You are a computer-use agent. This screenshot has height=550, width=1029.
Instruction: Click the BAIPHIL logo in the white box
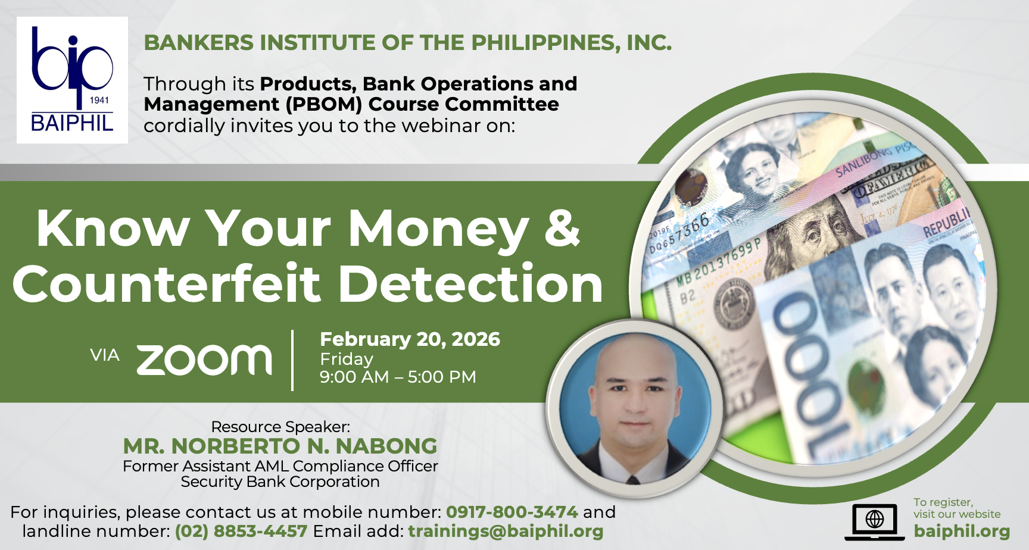[x=72, y=80]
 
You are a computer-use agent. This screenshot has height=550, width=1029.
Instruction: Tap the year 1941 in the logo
[x=99, y=100]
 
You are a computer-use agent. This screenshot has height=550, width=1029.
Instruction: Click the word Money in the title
[x=438, y=229]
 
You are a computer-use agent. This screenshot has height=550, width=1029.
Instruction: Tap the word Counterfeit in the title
[x=167, y=283]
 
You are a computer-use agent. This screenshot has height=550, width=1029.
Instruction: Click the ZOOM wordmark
[x=204, y=360]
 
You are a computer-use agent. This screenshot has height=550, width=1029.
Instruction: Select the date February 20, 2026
[x=410, y=339]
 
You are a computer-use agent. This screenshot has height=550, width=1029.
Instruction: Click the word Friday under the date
[x=347, y=359]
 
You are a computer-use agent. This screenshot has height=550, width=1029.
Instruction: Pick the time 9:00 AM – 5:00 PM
[x=398, y=377]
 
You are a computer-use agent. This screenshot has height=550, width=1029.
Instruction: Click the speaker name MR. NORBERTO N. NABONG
[x=280, y=446]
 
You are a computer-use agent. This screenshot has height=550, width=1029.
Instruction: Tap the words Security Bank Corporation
[x=280, y=482]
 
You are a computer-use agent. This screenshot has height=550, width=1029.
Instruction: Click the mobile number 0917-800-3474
[x=512, y=512]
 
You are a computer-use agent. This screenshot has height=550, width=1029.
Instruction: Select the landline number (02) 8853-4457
[x=241, y=531]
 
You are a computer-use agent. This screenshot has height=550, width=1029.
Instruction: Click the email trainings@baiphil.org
[x=506, y=531]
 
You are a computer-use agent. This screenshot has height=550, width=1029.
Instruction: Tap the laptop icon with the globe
[x=874, y=522]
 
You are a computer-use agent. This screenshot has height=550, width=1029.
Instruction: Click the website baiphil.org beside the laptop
[x=962, y=531]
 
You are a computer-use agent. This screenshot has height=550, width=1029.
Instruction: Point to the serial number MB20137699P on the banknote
[x=719, y=263]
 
